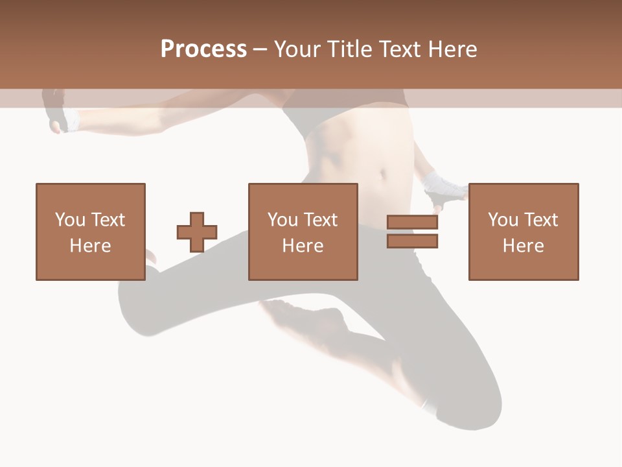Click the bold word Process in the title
203,49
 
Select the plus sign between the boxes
197,232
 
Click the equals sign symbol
413,232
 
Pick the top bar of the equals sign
413,222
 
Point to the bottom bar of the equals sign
413,241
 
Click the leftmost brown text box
91,232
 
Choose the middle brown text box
303,232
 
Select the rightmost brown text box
524,232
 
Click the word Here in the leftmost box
91,246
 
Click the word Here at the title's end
454,49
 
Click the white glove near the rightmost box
443,187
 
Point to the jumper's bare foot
305,318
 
